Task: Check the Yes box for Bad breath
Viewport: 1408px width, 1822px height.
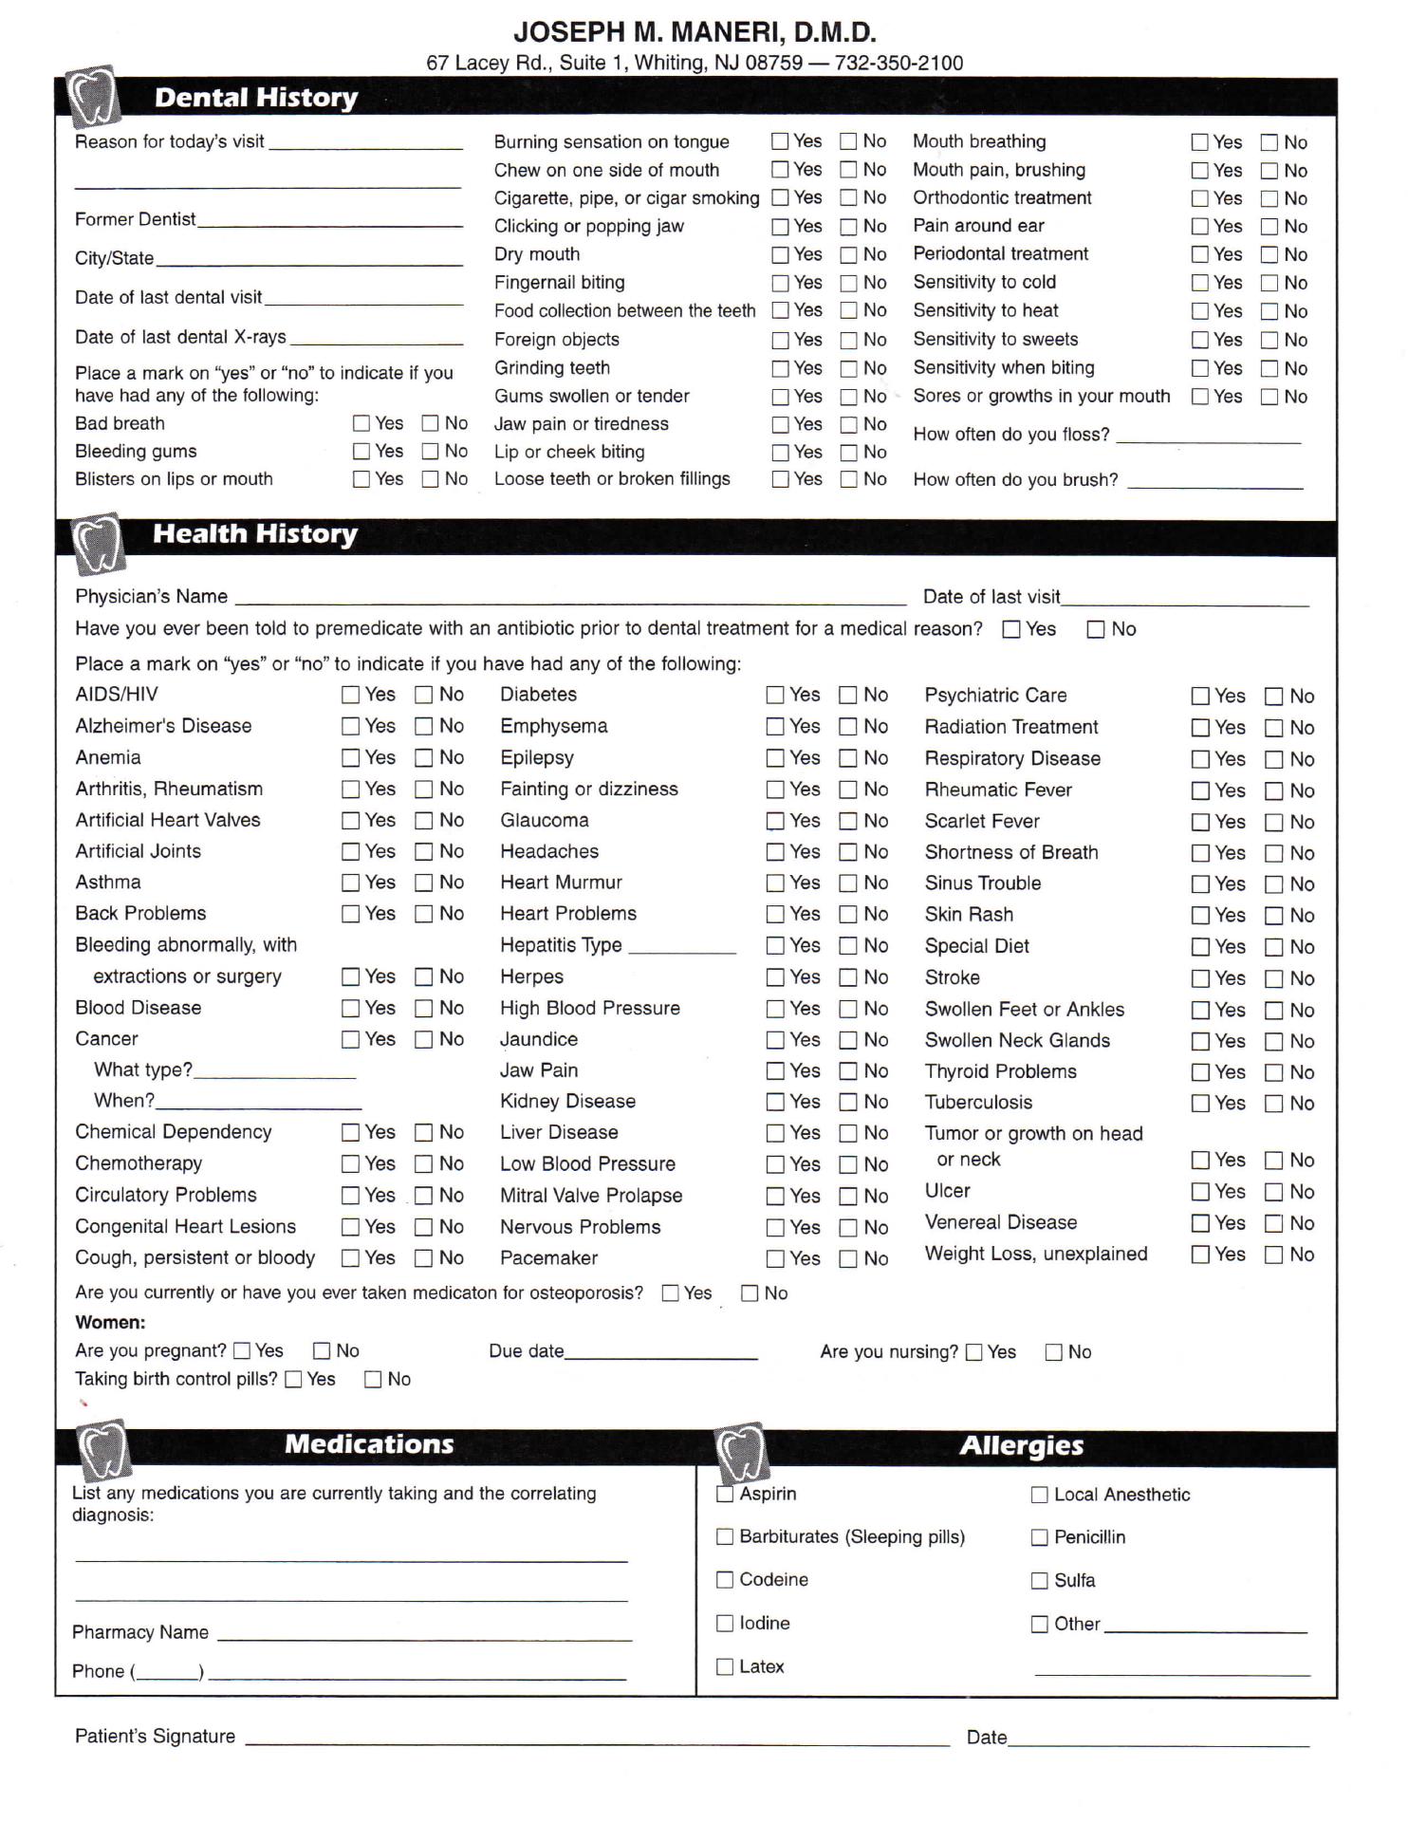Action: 361,423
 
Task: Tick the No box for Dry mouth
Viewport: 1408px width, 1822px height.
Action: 848,254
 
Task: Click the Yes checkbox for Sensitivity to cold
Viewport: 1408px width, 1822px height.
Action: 1200,283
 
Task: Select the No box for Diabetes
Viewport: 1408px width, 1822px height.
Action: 847,695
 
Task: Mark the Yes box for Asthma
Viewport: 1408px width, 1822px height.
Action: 350,883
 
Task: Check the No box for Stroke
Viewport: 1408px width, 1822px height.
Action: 1273,978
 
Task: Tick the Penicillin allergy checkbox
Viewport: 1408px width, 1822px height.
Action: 1040,1537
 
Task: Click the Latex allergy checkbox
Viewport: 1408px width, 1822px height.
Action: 725,1666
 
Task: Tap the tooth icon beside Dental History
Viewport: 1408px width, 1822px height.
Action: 93,97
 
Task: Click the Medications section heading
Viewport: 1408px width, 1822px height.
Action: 369,1444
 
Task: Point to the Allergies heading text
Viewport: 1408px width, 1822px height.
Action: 1021,1445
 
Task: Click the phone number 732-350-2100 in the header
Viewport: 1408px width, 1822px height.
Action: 899,64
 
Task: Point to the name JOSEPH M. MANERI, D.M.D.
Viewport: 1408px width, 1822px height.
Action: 695,33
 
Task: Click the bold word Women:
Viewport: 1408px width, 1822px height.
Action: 110,1322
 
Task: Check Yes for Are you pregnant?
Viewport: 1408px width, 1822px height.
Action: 242,1350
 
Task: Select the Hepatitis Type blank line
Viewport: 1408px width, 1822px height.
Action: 682,948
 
